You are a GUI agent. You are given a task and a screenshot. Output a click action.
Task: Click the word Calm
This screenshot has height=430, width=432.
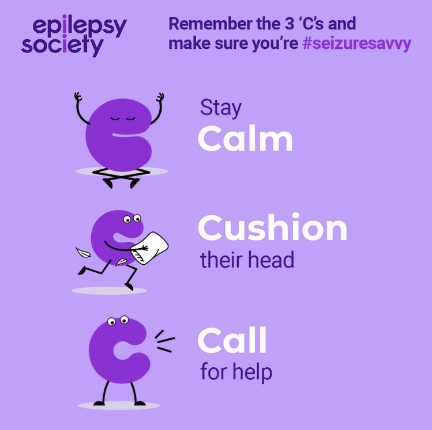click(x=245, y=140)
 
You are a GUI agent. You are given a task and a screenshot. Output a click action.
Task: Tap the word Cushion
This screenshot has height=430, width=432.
click(x=272, y=229)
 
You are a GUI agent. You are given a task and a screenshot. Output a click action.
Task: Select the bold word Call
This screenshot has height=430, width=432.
click(x=232, y=340)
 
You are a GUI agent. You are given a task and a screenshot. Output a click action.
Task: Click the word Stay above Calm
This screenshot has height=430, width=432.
click(x=221, y=108)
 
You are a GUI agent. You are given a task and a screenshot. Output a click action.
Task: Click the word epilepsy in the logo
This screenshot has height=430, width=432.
click(x=80, y=26)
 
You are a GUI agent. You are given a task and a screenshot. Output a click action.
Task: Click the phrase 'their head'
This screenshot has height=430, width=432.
click(x=247, y=260)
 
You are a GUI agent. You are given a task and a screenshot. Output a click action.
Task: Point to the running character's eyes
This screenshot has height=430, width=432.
click(x=132, y=219)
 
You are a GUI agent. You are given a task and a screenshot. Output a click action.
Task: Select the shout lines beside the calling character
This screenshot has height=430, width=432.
click(x=164, y=340)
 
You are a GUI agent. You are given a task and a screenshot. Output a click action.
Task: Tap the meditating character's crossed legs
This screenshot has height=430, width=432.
click(x=121, y=178)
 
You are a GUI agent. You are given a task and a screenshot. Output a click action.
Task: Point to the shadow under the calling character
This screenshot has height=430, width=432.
click(x=118, y=405)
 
